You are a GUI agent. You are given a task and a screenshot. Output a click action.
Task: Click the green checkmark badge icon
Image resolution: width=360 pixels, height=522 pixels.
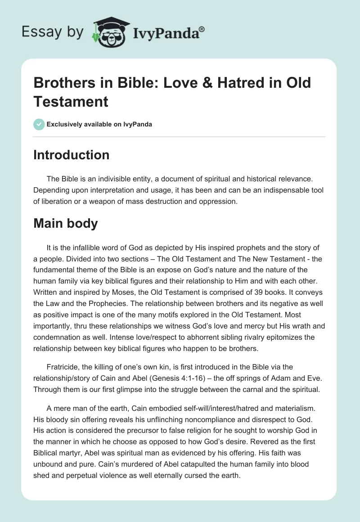(x=39, y=124)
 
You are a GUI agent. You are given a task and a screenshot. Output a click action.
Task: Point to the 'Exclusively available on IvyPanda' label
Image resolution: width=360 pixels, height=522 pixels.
(x=100, y=124)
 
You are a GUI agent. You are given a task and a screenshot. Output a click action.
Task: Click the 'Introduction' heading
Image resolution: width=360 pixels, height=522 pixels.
(x=71, y=155)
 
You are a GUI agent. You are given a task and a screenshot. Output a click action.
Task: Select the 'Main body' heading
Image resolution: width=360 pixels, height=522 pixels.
(x=65, y=223)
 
